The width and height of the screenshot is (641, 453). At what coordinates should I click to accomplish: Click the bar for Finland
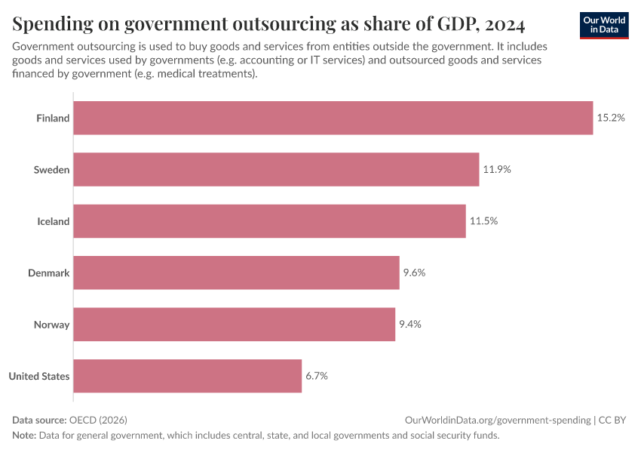point(333,118)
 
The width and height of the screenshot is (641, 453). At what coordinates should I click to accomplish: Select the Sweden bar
point(276,170)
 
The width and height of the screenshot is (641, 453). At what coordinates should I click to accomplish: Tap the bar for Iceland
point(269,221)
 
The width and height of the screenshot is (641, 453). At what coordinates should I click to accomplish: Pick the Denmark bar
point(236,273)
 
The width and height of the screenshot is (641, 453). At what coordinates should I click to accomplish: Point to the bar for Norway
point(234,325)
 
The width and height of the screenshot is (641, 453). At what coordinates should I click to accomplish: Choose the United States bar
point(187,376)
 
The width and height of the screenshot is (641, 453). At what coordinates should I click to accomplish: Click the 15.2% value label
point(611,118)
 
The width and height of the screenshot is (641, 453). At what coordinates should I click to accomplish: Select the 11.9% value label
point(497,170)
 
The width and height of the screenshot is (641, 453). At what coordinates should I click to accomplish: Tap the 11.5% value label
point(483,221)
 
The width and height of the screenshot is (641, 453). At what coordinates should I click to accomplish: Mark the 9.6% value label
point(414,273)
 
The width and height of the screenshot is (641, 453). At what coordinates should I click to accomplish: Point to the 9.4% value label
point(409,325)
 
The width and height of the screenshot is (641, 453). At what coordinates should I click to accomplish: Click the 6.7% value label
point(317,376)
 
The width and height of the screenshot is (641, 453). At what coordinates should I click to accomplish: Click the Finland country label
point(53,118)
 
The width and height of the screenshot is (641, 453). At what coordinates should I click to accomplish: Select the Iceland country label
point(54,221)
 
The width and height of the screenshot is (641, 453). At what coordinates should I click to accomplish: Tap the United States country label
point(39,376)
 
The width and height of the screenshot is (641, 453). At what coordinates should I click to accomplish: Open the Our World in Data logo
point(604,25)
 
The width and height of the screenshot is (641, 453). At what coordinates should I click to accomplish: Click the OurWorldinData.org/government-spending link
point(497,420)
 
